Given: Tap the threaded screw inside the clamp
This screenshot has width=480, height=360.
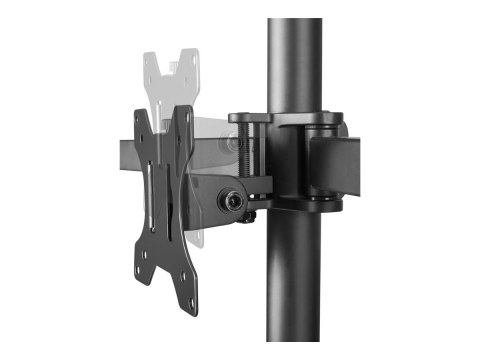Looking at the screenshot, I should [252, 150].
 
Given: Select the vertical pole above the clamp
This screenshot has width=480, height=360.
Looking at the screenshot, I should [295, 60].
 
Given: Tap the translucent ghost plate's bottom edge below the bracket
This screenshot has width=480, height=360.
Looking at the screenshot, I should [201, 240].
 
